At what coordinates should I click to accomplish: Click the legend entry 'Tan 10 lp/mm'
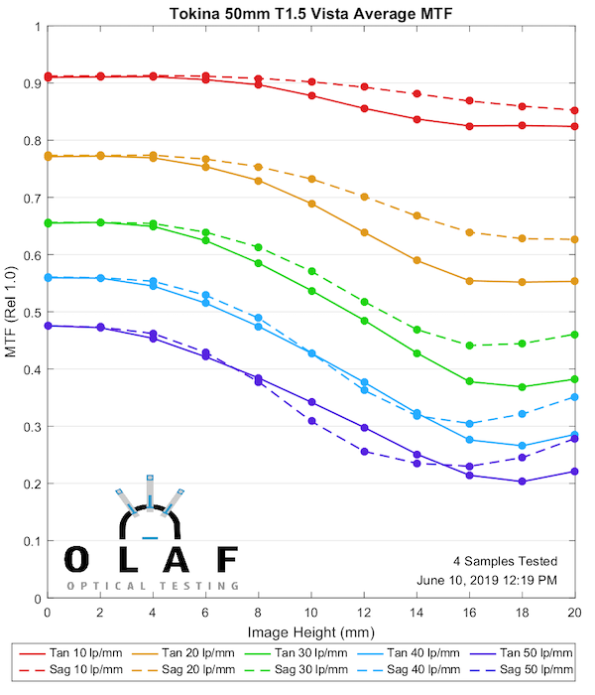click(x=78, y=652)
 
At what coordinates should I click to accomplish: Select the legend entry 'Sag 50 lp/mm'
click(x=527, y=670)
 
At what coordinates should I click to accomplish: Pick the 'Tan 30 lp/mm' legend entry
click(x=302, y=652)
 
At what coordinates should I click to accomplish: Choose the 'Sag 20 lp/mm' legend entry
click(x=190, y=670)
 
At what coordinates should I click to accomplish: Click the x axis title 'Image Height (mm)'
click(x=310, y=632)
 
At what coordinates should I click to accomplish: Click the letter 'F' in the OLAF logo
click(x=227, y=560)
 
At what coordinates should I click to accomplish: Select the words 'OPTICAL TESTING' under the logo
click(x=153, y=586)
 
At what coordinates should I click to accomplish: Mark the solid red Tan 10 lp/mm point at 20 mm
click(x=574, y=126)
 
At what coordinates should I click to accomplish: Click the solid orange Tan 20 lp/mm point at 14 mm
click(x=416, y=260)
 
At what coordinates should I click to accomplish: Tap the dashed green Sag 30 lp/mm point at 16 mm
click(x=469, y=346)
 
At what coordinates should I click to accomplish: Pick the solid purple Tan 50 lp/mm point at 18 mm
click(x=522, y=482)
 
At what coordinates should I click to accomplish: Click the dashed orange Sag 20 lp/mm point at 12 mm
click(x=364, y=197)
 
